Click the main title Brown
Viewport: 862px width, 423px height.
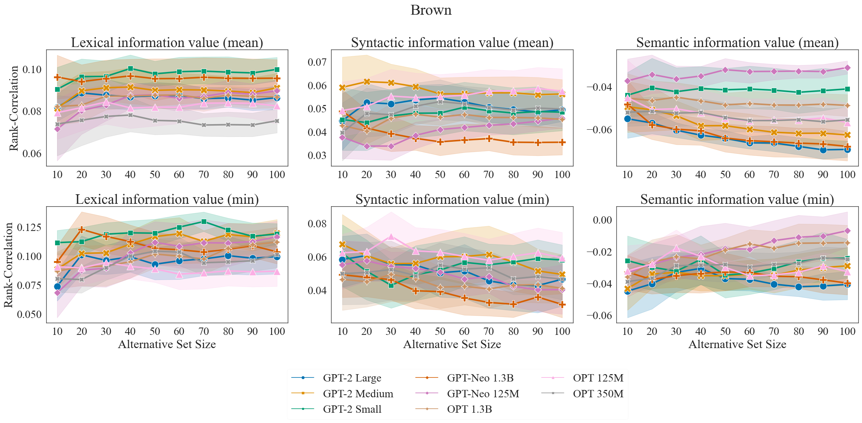click(x=431, y=10)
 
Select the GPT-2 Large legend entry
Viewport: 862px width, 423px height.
click(x=352, y=378)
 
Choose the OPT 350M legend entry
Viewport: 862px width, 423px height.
click(x=598, y=394)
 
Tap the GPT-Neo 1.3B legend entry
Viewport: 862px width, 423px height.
click(x=480, y=378)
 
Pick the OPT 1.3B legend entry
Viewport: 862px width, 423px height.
click(x=469, y=409)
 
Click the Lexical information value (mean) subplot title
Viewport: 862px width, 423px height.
click(x=167, y=43)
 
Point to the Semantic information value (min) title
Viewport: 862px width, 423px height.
click(x=737, y=199)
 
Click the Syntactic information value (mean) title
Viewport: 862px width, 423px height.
click(x=452, y=43)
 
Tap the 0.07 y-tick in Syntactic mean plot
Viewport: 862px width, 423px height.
click(x=317, y=62)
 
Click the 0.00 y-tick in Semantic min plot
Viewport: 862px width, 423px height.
click(x=602, y=220)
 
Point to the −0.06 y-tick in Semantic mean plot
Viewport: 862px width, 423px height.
click(x=599, y=130)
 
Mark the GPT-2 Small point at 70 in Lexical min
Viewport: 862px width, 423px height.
click(x=204, y=222)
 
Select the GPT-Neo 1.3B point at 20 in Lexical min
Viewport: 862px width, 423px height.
click(x=82, y=230)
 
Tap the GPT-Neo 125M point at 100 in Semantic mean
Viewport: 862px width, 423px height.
click(x=847, y=68)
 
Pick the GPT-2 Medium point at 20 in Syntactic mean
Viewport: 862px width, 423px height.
click(x=366, y=82)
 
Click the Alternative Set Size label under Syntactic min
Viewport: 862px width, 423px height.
click(x=452, y=344)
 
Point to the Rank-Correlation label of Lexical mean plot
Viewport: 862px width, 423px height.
click(x=14, y=108)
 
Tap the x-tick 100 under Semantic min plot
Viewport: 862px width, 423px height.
click(x=847, y=331)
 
